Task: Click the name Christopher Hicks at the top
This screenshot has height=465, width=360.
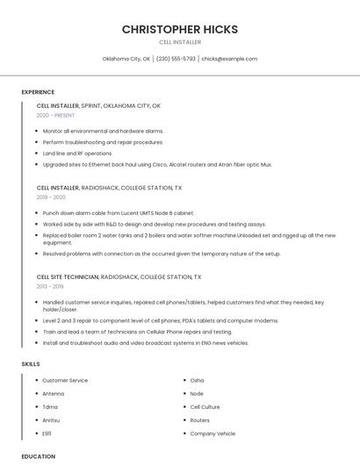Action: tap(180, 29)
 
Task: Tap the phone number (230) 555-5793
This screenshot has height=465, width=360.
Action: tap(176, 59)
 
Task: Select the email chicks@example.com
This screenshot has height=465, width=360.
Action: tap(229, 59)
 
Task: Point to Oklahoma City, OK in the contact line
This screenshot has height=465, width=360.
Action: tap(126, 59)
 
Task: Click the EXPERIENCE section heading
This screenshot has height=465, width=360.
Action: tap(38, 92)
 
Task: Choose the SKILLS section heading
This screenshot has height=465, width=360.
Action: tap(31, 363)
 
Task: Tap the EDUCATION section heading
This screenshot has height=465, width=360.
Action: tap(38, 456)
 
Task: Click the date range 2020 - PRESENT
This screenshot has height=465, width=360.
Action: tap(55, 115)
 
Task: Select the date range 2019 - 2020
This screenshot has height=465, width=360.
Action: tap(51, 197)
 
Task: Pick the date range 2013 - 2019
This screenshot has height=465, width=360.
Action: tap(50, 286)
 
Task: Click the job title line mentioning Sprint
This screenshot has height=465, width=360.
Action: tap(98, 105)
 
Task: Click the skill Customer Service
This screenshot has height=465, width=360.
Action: tap(65, 381)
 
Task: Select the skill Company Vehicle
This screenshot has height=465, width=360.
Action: tap(212, 433)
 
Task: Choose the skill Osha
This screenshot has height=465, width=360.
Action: tap(197, 381)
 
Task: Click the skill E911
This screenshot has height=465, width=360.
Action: tap(47, 433)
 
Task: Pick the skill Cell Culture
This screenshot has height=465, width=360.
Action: tap(205, 407)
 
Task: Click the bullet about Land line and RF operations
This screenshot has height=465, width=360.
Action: tap(77, 154)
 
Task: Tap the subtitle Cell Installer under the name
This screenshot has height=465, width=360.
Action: tap(180, 42)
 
